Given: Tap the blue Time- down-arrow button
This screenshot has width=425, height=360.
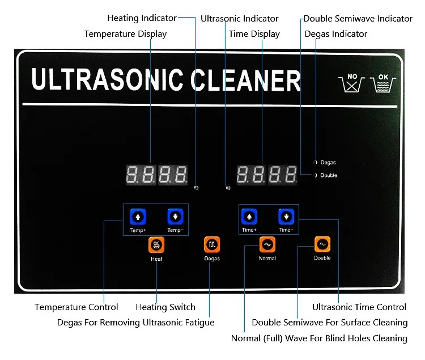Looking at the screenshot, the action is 286,217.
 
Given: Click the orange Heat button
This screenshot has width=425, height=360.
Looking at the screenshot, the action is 156,245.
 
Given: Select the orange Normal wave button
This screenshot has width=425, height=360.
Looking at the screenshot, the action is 267,244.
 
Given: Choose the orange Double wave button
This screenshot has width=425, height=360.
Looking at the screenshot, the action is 322,244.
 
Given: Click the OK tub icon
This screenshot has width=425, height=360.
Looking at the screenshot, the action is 384,83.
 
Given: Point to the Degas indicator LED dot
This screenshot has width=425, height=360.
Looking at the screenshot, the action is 315,162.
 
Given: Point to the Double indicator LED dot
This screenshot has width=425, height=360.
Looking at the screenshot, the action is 315,175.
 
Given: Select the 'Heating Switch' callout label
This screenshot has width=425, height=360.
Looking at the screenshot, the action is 165,307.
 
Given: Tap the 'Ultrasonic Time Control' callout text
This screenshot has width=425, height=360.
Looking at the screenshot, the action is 359,307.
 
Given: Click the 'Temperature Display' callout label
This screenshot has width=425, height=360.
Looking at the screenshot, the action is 125,34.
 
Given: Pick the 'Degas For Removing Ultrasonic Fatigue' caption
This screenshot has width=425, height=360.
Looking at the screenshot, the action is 136,323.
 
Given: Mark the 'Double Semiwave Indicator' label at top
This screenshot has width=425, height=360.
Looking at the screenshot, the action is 358,19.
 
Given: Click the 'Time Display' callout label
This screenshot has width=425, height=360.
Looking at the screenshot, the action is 254,34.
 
